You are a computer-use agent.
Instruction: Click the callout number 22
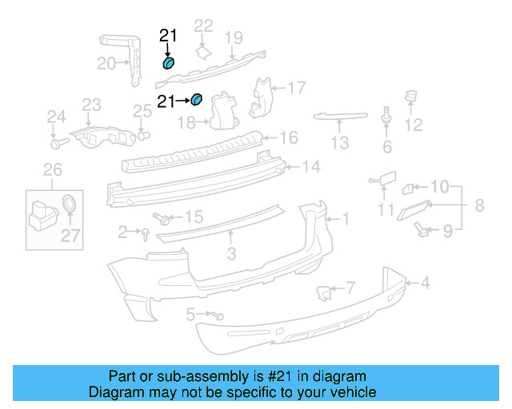coord(204,26)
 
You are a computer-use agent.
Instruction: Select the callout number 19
coord(233,37)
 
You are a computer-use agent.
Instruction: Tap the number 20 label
coord(106,63)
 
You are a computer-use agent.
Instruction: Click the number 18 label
coord(186,122)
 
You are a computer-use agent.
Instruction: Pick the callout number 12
coord(413,125)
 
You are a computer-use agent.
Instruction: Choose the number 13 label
coord(340,143)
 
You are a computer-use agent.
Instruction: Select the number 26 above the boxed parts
coord(52,169)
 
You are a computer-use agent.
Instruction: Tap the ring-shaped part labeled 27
coord(70,202)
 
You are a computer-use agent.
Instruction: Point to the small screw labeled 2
coord(145,232)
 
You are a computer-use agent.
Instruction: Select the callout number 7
coord(350,287)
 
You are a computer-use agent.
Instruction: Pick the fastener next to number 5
coord(217,316)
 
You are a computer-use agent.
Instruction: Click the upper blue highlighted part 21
coord(169,63)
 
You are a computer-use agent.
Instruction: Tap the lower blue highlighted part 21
coord(197,100)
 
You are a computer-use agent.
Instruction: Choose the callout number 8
coord(479,205)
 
